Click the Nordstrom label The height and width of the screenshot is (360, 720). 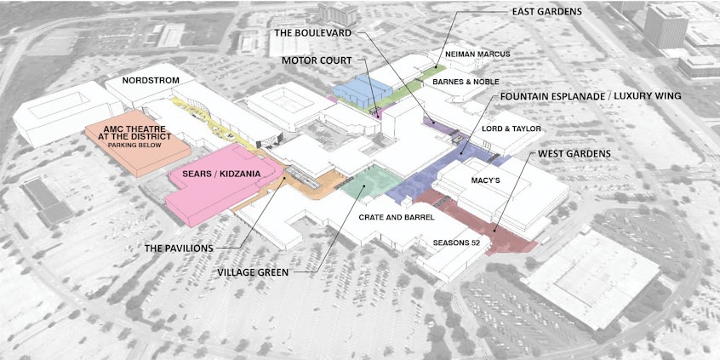point(150,81)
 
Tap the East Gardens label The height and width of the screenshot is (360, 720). point(546,12)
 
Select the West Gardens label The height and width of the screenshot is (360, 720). point(574,155)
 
